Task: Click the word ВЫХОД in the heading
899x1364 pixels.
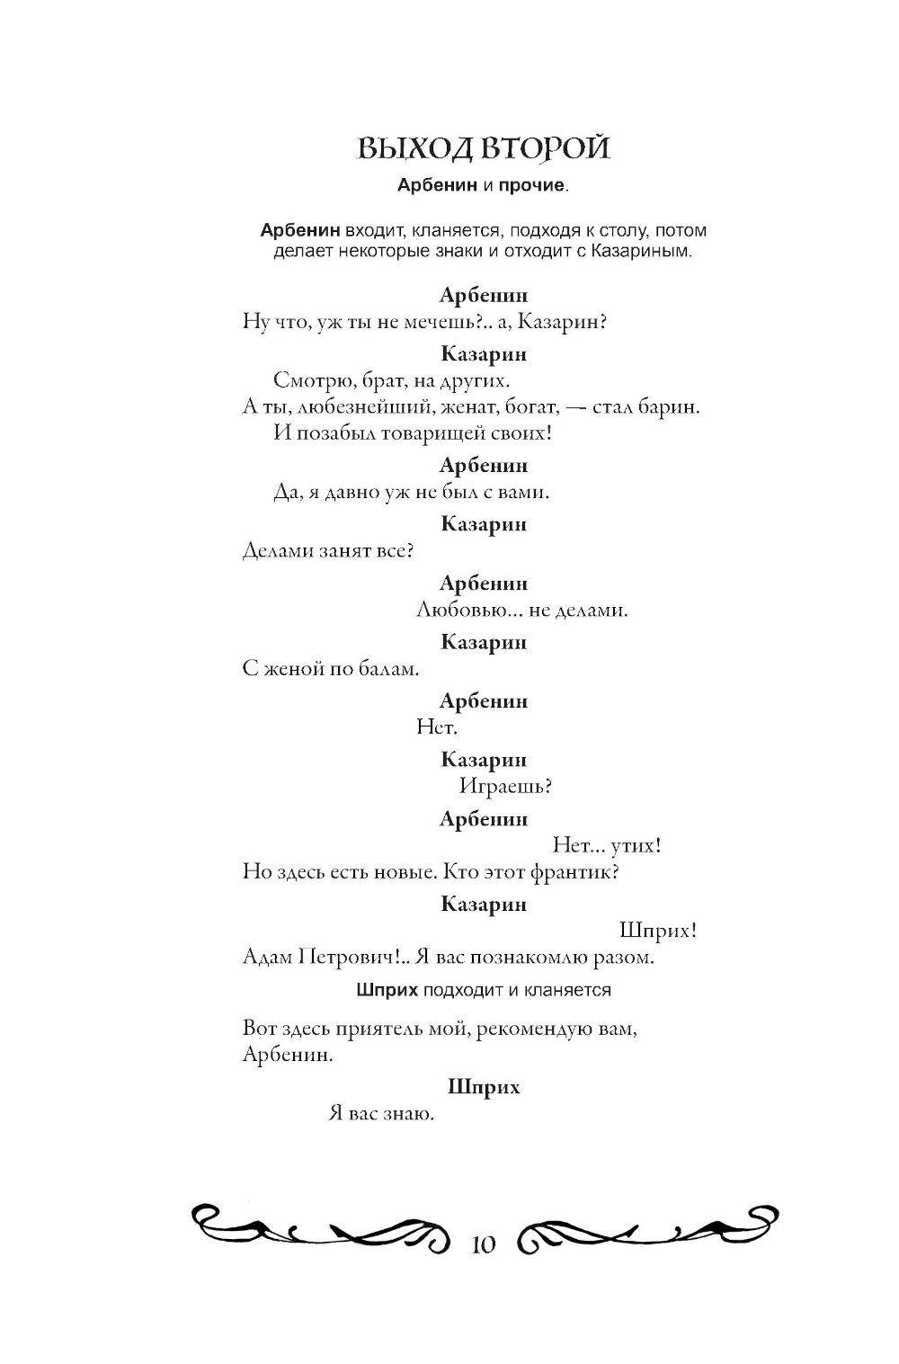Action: (409, 149)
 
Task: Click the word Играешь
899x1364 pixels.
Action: (505, 787)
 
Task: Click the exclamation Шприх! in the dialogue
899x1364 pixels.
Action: (659, 931)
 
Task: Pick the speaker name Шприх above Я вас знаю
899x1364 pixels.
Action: (484, 1087)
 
